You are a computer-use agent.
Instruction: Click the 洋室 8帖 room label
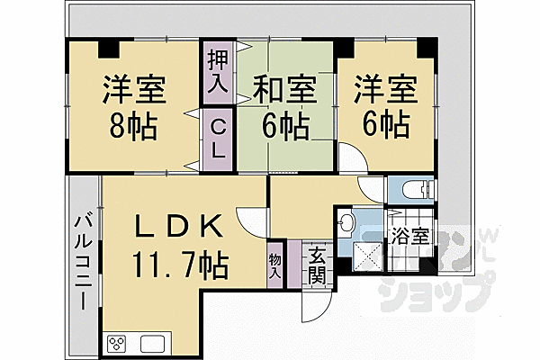(x=130, y=106)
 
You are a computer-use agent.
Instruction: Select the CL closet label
(x=218, y=137)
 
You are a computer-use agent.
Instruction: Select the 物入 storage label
(x=274, y=263)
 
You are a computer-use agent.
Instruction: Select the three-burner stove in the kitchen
(x=118, y=343)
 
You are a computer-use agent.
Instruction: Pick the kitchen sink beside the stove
(x=151, y=343)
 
